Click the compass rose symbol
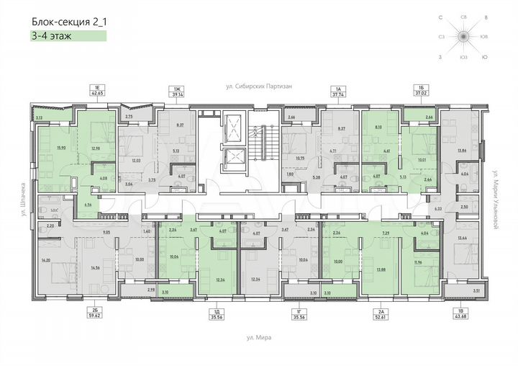point(465,35)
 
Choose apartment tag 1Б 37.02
point(415,91)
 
